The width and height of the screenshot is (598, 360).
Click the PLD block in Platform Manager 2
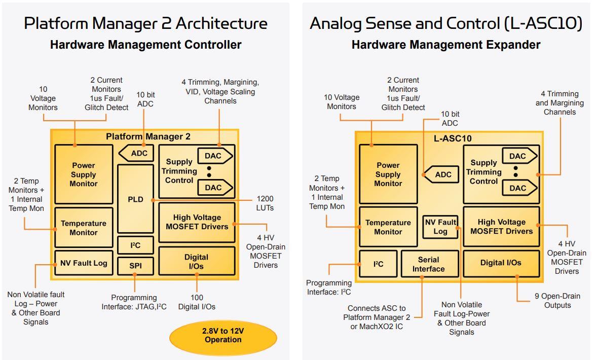click(135, 199)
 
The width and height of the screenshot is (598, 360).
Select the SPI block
click(135, 266)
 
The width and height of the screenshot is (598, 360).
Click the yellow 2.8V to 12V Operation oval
click(223, 335)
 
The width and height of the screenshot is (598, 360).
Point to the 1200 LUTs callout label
click(265, 203)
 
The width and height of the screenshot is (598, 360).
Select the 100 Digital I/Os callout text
click(197, 302)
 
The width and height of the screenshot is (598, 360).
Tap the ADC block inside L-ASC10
click(442, 174)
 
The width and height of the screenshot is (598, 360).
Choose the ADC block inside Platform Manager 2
click(137, 153)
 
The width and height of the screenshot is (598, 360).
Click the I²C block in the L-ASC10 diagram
click(378, 264)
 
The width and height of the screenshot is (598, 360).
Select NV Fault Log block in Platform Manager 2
click(84, 263)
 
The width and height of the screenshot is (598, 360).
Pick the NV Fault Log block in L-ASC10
click(440, 227)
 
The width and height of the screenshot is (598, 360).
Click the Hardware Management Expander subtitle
click(445, 45)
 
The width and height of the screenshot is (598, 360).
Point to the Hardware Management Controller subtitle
click(145, 45)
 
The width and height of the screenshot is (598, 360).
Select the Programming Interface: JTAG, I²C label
click(134, 302)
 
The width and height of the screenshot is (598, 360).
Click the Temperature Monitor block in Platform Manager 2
click(84, 228)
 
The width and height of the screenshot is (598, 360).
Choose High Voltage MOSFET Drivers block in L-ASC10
click(501, 227)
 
